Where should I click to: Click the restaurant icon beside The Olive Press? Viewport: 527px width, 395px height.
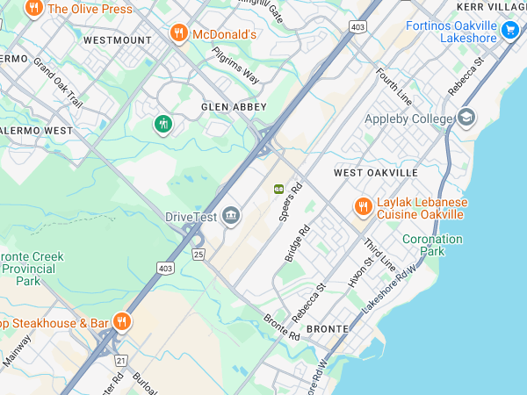[34, 9]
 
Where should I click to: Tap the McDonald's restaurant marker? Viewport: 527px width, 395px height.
[178, 34]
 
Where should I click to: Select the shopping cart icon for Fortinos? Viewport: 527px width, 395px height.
[509, 32]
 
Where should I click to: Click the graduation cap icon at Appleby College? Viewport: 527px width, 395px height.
[466, 118]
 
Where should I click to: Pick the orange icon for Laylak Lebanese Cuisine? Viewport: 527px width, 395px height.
[362, 207]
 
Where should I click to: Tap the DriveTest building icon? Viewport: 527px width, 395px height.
[231, 216]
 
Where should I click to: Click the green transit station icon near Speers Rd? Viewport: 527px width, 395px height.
[278, 188]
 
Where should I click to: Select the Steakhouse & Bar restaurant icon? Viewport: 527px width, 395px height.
[122, 322]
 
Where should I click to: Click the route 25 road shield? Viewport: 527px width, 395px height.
[199, 255]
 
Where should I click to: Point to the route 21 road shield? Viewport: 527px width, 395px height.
[121, 360]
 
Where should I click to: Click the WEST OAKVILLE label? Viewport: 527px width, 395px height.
[373, 173]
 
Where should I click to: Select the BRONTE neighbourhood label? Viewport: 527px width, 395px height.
[328, 328]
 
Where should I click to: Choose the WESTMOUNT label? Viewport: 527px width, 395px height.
[117, 40]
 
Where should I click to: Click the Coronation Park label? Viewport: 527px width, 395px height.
[431, 245]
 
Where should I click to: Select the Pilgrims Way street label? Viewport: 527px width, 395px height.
[235, 65]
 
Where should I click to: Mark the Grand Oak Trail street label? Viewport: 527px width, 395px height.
[58, 83]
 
